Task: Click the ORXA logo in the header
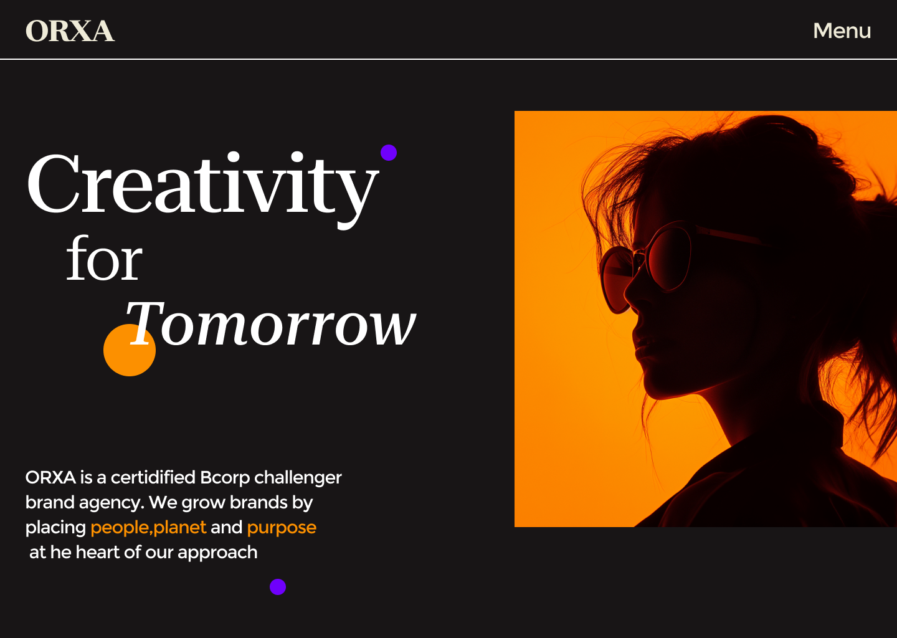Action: [70, 31]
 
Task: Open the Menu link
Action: [842, 31]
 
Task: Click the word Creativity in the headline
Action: [202, 188]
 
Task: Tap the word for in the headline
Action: [104, 259]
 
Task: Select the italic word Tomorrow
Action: [271, 323]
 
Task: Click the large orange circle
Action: [130, 350]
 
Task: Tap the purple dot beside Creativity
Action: [389, 153]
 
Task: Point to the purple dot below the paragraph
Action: [278, 587]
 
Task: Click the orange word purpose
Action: [282, 528]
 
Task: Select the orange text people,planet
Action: [148, 528]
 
